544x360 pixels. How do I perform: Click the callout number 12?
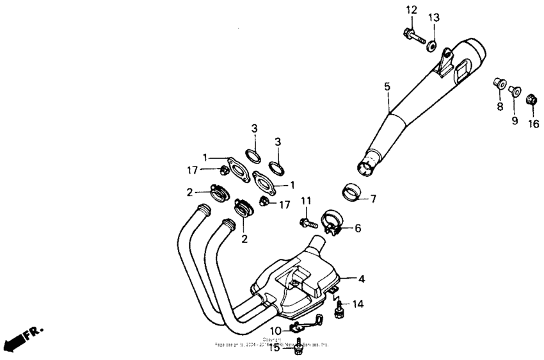click(411, 10)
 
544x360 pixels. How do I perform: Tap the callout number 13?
click(434, 17)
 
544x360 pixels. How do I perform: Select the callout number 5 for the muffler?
click(387, 86)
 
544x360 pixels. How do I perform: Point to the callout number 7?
click(373, 199)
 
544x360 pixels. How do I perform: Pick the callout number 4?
click(361, 279)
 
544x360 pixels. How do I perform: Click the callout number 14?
click(357, 304)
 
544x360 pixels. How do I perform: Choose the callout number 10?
click(275, 331)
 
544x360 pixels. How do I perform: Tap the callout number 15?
click(274, 348)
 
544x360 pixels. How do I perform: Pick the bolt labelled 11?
click(307, 223)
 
